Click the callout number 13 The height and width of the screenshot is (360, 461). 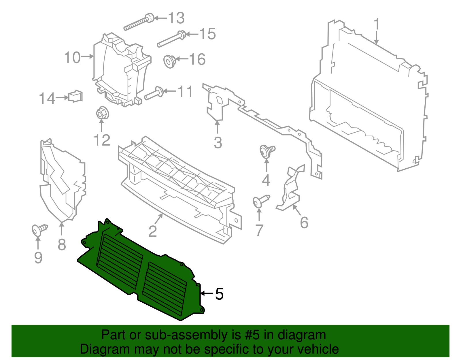(x=176, y=18)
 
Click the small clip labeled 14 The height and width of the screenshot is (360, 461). (x=75, y=96)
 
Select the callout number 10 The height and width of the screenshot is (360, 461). (x=72, y=57)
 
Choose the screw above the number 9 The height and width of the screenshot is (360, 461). (x=39, y=229)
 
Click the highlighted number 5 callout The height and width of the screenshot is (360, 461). (x=219, y=294)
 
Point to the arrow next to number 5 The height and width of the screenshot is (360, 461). (x=207, y=293)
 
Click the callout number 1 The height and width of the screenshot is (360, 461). (x=377, y=24)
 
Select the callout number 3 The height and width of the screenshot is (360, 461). (x=218, y=143)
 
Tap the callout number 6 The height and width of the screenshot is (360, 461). (x=304, y=223)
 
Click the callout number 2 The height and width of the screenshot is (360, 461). (x=152, y=231)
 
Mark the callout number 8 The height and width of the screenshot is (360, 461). (x=62, y=245)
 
